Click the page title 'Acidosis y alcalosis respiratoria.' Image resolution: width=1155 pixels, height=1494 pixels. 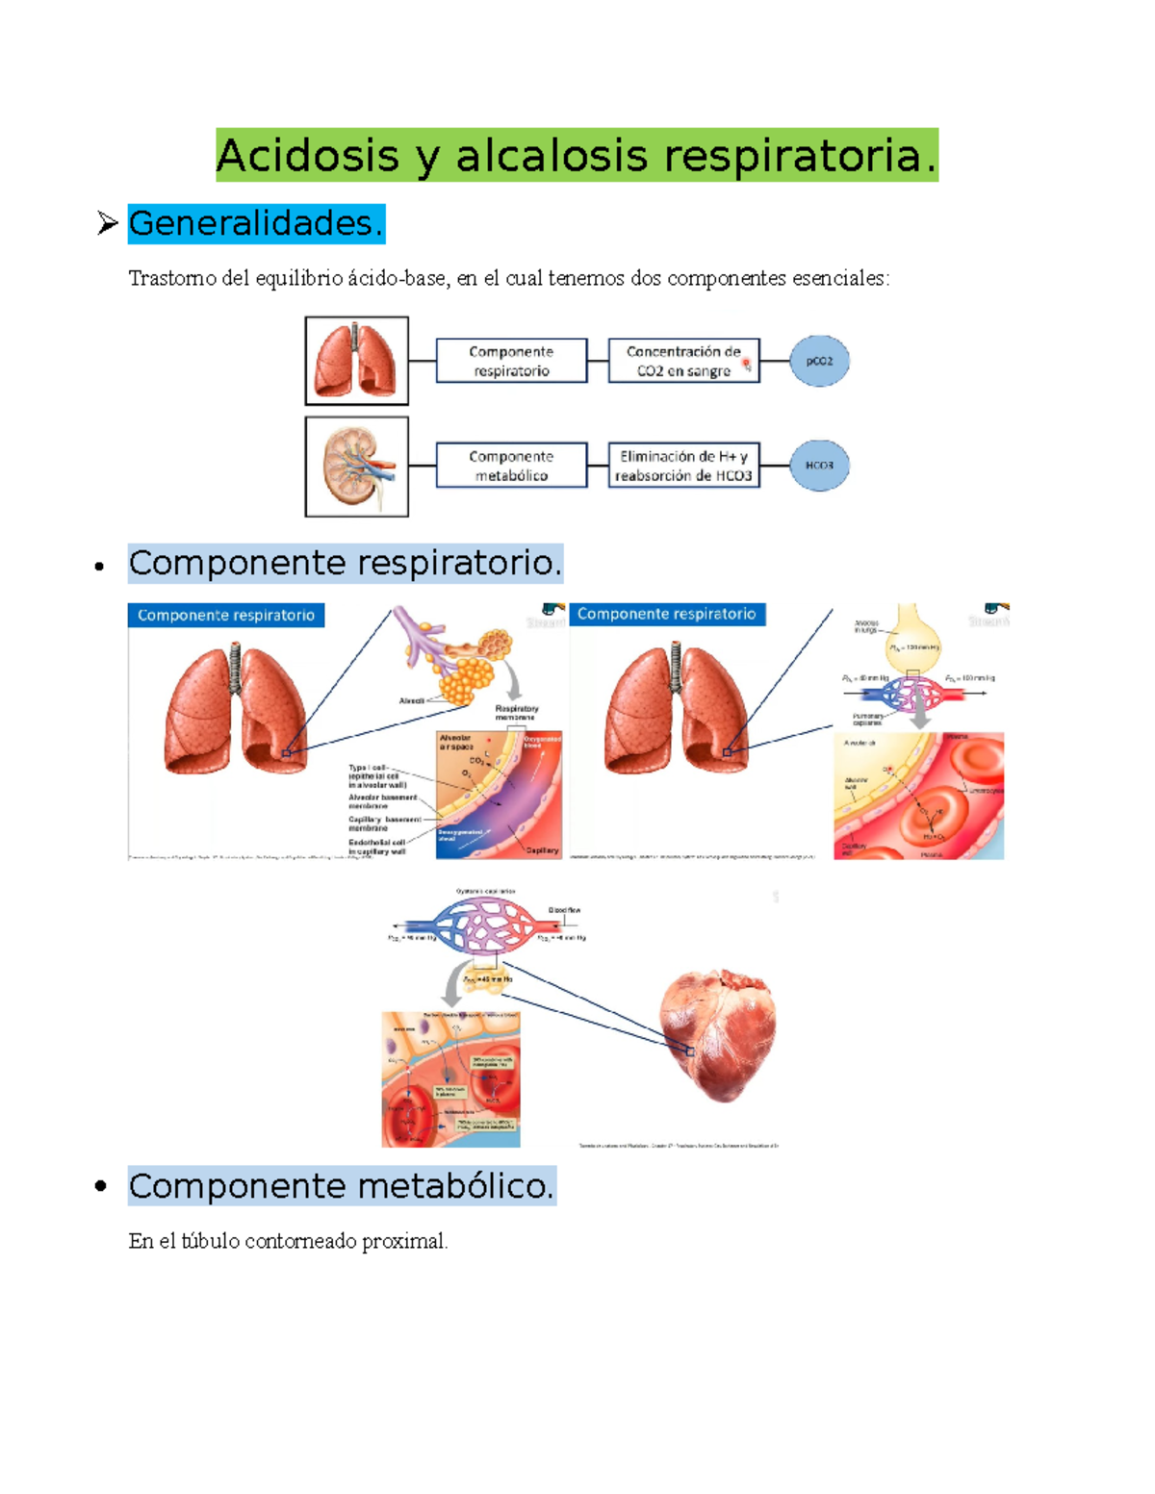click(x=577, y=156)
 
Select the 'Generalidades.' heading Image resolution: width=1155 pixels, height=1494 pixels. click(x=256, y=223)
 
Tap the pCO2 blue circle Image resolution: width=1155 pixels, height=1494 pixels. click(x=819, y=362)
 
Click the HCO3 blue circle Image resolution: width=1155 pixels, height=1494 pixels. click(x=819, y=466)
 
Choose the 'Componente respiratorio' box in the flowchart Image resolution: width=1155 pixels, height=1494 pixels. click(x=511, y=362)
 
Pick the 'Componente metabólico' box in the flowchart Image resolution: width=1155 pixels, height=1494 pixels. click(x=511, y=467)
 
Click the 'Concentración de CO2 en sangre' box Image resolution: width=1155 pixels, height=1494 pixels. click(x=683, y=362)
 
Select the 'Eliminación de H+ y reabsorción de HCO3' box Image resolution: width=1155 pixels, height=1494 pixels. click(x=683, y=467)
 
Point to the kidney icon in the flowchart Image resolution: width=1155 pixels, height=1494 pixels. click(x=357, y=467)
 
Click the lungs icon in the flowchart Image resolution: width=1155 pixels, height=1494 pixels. click(x=357, y=361)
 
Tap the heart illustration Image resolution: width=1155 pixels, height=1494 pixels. click(x=718, y=1035)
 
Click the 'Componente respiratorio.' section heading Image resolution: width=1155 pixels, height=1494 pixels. click(x=345, y=564)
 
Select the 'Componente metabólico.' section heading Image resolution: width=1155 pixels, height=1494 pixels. click(x=342, y=1186)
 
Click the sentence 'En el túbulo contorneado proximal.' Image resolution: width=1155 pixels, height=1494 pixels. click(x=288, y=1241)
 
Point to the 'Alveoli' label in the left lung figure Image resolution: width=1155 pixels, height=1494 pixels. click(x=412, y=701)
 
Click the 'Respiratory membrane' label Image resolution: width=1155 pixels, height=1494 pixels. click(x=517, y=713)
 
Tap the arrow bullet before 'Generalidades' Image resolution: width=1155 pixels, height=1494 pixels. click(x=107, y=224)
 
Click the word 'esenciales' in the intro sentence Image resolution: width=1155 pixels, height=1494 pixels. click(x=840, y=279)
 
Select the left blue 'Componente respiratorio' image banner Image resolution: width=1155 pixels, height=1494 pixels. click(x=226, y=616)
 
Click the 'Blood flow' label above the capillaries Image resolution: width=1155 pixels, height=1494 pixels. click(x=564, y=910)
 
